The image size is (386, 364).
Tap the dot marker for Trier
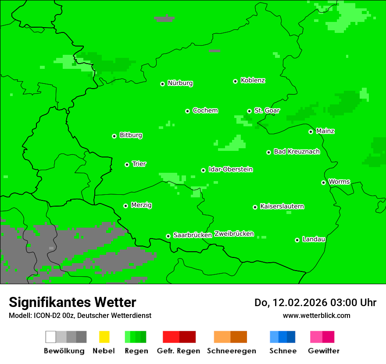tap(127, 164)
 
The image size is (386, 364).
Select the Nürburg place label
tap(180, 83)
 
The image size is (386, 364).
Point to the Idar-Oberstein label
tap(230, 169)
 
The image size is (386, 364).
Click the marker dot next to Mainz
tap(311, 132)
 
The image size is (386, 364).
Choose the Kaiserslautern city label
tap(282, 206)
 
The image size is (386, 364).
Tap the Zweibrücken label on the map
tap(234, 234)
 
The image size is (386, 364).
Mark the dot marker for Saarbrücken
tap(168, 236)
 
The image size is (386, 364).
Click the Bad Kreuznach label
tap(297, 151)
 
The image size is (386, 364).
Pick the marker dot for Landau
tap(297, 240)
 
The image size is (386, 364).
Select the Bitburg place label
tap(131, 135)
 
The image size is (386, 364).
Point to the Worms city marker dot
tap(323, 182)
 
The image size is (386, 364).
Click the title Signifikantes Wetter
tap(72, 302)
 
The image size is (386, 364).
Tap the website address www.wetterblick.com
tap(316, 315)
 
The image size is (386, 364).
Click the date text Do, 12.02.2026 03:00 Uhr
tap(315, 303)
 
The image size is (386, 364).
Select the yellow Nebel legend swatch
tap(104, 337)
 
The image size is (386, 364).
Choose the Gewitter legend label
tap(323, 351)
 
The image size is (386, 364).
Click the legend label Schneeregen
tap(231, 351)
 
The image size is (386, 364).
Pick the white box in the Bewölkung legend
tap(51, 337)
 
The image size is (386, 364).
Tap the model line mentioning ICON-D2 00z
tap(80, 315)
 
